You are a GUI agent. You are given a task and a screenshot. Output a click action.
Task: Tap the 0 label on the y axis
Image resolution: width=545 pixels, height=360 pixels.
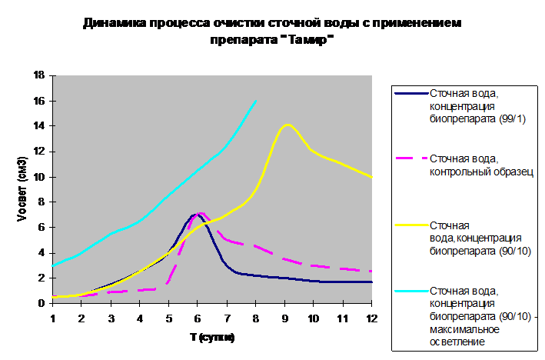[x=42, y=303]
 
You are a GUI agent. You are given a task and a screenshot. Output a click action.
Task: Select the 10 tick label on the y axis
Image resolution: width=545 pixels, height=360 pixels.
[x=39, y=177]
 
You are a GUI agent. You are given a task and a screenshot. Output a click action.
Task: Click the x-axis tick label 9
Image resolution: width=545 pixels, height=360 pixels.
[x=285, y=318]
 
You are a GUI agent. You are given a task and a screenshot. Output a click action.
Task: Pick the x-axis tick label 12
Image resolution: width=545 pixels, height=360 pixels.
[x=371, y=318]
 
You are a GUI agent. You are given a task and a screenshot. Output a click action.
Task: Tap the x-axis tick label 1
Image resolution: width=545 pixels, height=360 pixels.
[x=53, y=318]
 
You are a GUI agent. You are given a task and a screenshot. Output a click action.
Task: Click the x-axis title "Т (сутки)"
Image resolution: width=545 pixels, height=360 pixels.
[x=212, y=337]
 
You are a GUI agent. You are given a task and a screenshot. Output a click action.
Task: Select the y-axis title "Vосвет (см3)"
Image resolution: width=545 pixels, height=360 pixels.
[x=22, y=189]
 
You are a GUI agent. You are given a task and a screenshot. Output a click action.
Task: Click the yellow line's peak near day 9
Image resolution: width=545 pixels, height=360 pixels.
[x=287, y=125]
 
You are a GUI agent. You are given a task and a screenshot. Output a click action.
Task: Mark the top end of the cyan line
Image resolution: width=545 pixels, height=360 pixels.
[x=256, y=101]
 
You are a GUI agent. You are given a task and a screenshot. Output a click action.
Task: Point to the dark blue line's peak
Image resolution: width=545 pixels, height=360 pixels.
[x=195, y=215]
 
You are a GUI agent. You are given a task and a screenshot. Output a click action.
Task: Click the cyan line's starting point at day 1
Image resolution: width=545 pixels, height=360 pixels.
[x=53, y=265]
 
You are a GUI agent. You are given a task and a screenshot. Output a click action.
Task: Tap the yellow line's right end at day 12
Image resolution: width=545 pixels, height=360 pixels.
[x=371, y=177]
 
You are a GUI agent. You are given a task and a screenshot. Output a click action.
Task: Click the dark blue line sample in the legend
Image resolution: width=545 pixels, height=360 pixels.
[x=411, y=93]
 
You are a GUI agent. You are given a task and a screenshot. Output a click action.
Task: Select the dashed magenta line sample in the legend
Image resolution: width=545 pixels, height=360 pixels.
[x=411, y=158]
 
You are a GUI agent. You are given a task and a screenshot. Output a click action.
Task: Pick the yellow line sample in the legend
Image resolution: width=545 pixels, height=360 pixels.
[x=411, y=225]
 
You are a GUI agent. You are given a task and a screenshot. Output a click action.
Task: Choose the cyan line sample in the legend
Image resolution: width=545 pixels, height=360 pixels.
[x=411, y=291]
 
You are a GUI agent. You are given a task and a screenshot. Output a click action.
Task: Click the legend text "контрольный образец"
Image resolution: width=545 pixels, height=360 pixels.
[x=481, y=172]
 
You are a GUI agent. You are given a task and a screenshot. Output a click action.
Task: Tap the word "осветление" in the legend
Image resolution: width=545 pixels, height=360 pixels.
[x=457, y=342]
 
